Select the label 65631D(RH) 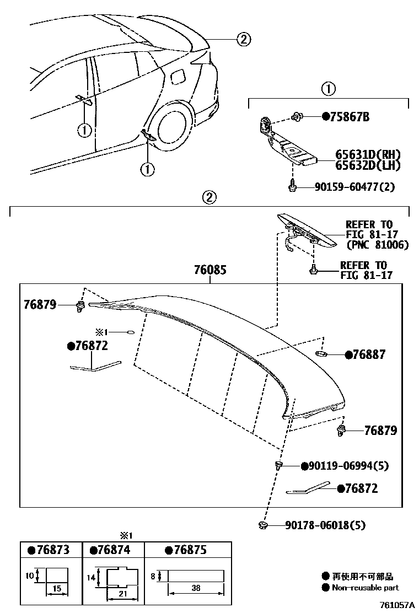point(367,155)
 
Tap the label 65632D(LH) point(367,165)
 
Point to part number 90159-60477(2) point(348,187)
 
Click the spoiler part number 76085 point(209,271)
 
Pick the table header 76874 point(114,550)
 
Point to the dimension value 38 point(196,588)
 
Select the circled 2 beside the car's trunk point(244,39)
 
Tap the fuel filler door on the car point(179,77)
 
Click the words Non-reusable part point(365,588)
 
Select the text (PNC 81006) point(377,245)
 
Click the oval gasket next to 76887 point(323,353)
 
